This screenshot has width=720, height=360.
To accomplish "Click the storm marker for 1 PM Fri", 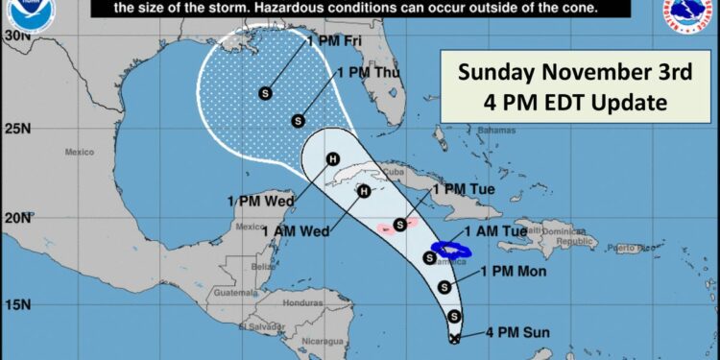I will (264, 92).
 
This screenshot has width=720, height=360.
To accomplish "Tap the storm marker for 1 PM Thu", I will (298, 121).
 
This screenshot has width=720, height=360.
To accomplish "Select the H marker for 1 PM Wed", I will (333, 159).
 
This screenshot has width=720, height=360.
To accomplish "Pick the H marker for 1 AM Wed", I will (363, 191).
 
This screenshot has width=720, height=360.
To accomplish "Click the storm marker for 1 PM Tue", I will (399, 225).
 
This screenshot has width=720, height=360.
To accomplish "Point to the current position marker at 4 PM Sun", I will (455, 337).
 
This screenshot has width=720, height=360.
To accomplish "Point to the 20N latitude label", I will (14, 217).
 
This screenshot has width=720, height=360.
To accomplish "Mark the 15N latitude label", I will (14, 304).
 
